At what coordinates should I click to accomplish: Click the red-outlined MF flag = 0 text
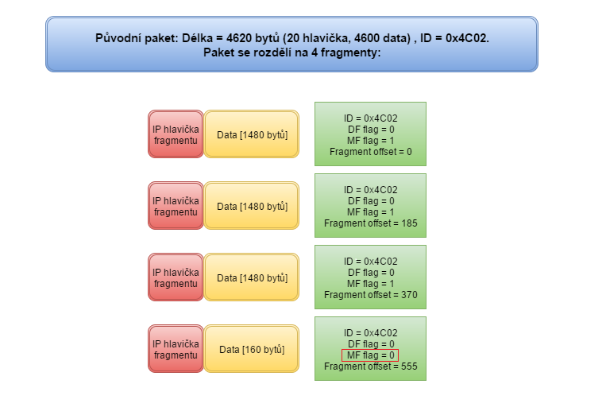coord(370,355)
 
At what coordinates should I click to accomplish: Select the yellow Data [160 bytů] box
coord(252,349)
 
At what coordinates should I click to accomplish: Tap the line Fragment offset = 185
coord(370,223)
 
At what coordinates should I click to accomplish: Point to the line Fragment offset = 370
coord(370,295)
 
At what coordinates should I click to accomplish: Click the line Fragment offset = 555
coord(370,367)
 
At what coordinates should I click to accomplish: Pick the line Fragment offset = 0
coord(370,152)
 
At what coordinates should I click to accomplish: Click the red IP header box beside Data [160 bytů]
coord(176,349)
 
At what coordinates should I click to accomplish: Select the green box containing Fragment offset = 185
coord(370,205)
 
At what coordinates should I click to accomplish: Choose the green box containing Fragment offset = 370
coord(370,277)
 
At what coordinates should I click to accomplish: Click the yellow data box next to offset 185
coord(252,206)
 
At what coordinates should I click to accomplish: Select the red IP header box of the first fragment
coord(176,134)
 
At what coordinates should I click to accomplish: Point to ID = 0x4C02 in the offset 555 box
coord(370,333)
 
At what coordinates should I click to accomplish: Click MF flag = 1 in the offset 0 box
coord(370,141)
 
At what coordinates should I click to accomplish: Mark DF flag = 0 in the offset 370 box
coord(370,273)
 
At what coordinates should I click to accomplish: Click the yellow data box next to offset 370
coord(252,277)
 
